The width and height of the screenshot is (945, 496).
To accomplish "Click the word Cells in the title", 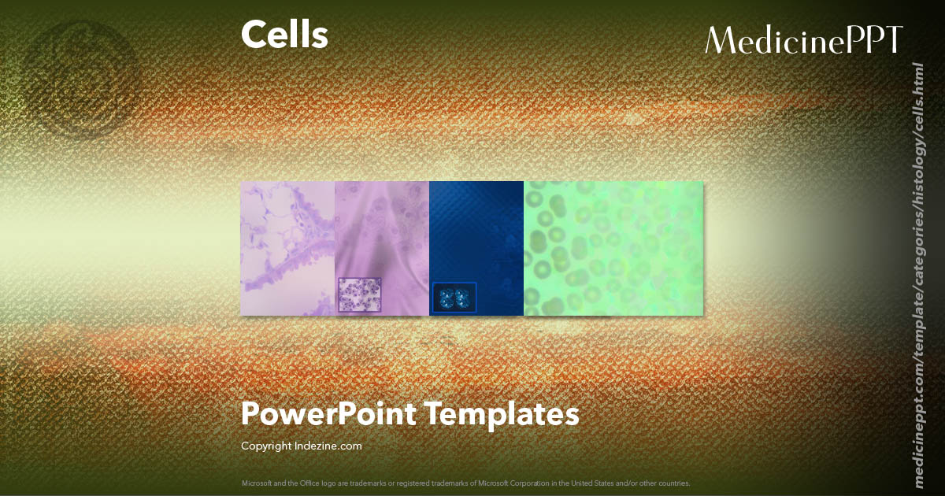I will (x=284, y=35).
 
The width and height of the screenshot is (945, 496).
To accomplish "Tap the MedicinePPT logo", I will (x=803, y=40).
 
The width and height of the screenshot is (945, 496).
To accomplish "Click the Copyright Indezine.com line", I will (x=301, y=446).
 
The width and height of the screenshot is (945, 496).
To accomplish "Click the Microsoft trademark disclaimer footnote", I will (x=465, y=483).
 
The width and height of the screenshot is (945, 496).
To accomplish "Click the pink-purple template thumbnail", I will (x=382, y=228).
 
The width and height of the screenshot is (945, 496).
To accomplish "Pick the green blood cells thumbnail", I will (x=613, y=248).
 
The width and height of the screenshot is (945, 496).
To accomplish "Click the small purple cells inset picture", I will (x=359, y=294).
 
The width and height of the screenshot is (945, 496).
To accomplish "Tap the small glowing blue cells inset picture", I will (x=454, y=297).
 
